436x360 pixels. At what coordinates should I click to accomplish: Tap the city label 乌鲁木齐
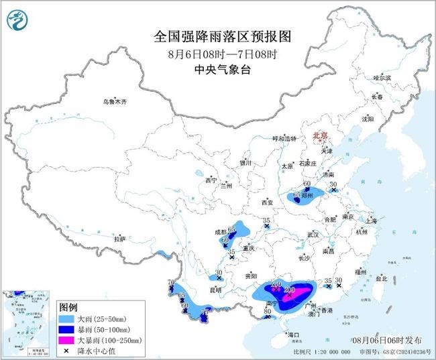115,102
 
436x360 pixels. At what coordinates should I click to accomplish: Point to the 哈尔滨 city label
382,78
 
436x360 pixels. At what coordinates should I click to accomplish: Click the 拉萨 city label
119,239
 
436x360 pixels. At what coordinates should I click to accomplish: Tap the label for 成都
221,232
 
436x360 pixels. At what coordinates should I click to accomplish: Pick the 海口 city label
292,333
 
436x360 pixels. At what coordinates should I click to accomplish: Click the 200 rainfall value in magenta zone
290,290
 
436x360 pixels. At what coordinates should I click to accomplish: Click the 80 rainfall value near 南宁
267,311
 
